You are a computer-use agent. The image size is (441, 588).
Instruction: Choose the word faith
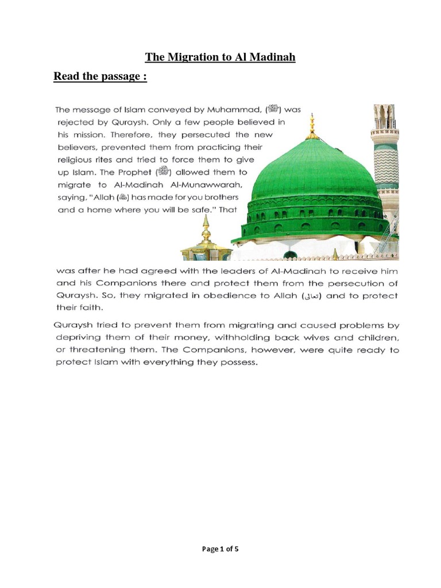87,308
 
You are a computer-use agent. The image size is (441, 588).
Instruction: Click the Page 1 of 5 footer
220,548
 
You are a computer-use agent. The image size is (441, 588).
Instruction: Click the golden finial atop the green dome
312,123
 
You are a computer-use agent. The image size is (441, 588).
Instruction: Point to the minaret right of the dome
384,155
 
